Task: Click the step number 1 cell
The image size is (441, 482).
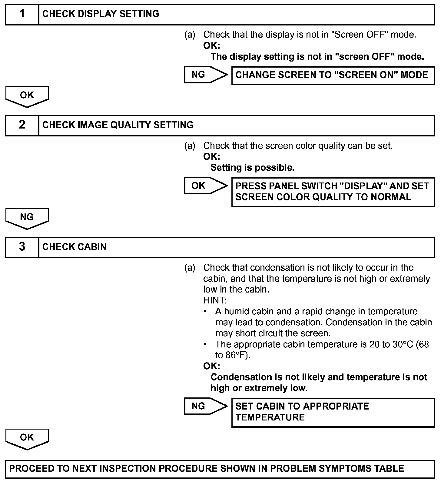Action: pos(22,14)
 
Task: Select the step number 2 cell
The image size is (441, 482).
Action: pos(22,125)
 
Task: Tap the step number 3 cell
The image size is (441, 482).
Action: pos(22,247)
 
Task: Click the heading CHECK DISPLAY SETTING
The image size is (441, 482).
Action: pos(101,14)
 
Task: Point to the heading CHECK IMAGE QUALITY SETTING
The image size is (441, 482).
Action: pos(118,125)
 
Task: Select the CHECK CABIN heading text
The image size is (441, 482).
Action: pos(75,247)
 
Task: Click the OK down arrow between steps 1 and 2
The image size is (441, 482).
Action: pos(27,96)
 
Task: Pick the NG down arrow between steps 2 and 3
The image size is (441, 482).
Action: pos(27,218)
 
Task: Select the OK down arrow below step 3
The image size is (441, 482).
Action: pos(27,438)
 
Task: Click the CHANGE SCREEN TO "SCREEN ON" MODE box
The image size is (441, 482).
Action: pos(333,75)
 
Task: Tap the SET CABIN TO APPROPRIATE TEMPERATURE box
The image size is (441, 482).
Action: pos(333,412)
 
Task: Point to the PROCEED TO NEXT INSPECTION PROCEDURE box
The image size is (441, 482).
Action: pos(220,468)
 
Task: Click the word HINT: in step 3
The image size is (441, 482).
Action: pos(214,300)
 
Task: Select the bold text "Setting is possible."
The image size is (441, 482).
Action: pos(252,168)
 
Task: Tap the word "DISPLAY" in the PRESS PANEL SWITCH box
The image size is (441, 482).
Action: pos(363,186)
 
